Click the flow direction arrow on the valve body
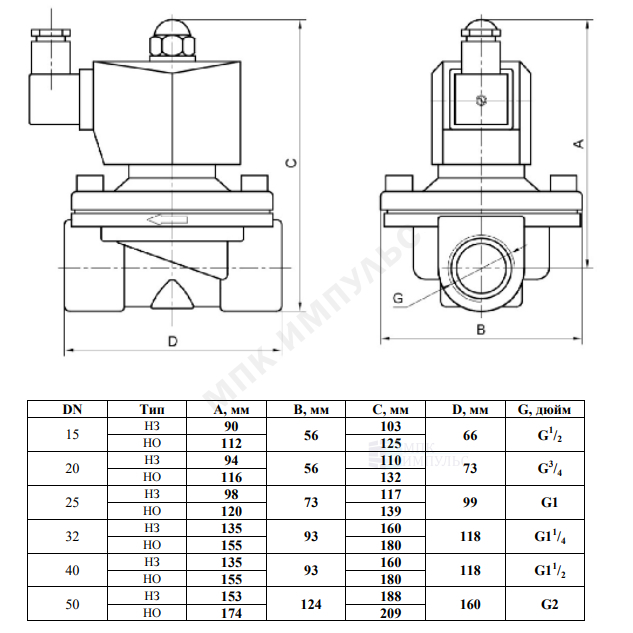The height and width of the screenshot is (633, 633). [167, 220]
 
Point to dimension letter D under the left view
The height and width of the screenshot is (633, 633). [173, 342]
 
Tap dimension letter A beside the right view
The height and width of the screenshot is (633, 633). [579, 143]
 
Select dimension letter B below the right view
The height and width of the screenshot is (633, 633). [481, 330]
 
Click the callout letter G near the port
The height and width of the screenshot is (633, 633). [398, 298]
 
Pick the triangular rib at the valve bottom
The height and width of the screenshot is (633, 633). [172, 294]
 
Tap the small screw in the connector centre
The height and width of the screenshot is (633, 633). [481, 100]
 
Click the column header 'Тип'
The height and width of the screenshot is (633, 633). [152, 409]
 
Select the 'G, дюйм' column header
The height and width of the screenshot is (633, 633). [544, 410]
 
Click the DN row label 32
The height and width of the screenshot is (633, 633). [72, 536]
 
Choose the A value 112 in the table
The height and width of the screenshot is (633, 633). [231, 443]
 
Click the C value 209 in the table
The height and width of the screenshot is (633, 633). [391, 613]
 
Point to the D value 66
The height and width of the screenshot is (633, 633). [470, 435]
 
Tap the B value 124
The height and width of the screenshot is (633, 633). [311, 604]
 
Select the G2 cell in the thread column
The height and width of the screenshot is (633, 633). [549, 604]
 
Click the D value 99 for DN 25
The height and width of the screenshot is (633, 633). [470, 502]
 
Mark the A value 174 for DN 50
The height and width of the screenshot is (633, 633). [231, 613]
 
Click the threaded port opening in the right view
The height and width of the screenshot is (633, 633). [481, 268]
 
